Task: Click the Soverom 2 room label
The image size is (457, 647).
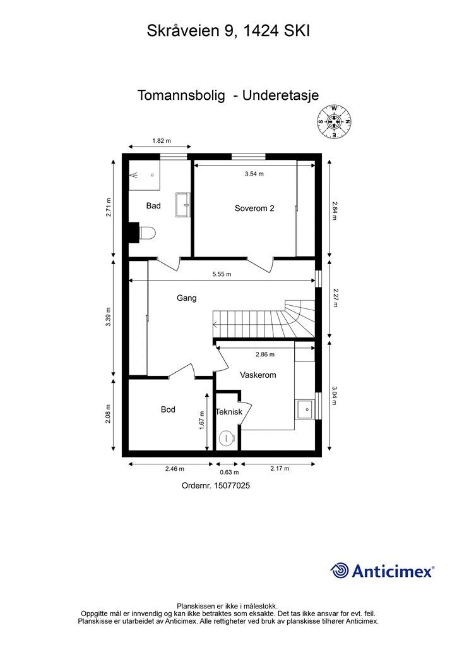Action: point(254,209)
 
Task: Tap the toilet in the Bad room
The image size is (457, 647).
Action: point(148,233)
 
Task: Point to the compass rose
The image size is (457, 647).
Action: point(334,122)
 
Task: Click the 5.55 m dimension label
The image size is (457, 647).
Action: point(222,274)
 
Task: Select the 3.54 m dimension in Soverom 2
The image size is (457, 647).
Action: point(254,174)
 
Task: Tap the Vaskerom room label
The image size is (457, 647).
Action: point(258,375)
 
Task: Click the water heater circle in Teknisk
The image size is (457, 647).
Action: point(226,438)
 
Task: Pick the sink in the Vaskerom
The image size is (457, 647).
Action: point(306,409)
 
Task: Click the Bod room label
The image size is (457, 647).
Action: point(168,409)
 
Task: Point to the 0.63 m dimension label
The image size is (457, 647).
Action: point(229,473)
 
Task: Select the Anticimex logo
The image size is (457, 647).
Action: point(383,571)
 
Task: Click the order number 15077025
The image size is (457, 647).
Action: point(232,486)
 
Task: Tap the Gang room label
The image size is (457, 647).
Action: point(187,298)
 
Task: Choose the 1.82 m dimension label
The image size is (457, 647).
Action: point(162,141)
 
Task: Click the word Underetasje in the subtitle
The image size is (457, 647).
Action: point(281,95)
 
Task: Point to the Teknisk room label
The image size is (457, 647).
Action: point(229,412)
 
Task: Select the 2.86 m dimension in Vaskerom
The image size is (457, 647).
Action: point(265,354)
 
